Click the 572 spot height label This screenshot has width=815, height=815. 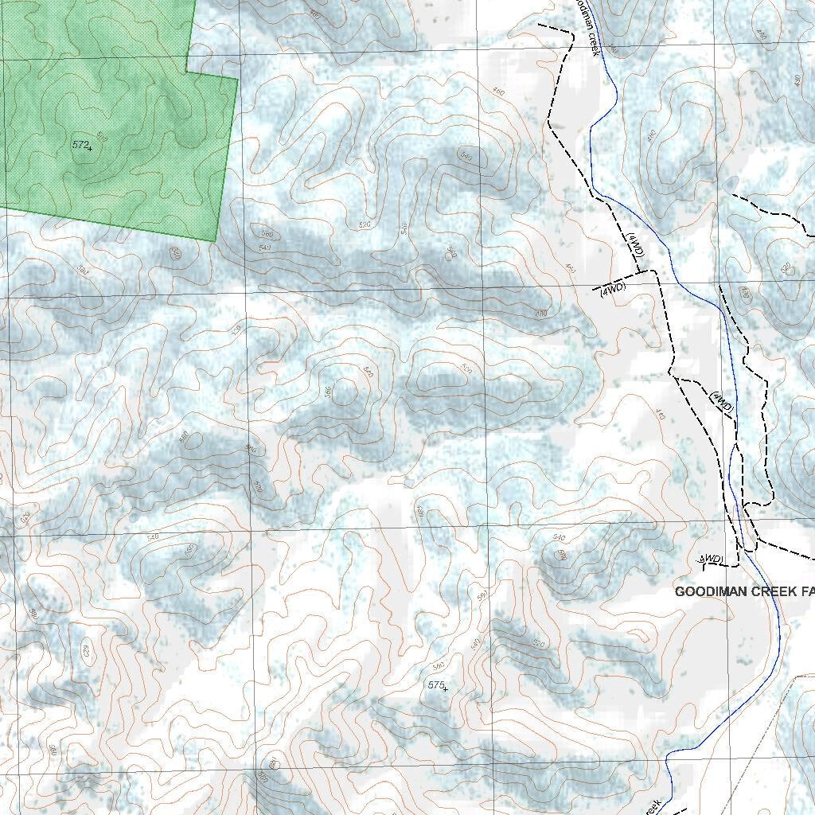coord(79,144)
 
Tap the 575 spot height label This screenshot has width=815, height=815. coord(435,684)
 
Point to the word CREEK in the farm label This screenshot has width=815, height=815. coord(777,592)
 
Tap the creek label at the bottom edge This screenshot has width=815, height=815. coord(653,806)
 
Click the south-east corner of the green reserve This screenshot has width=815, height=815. coord(215,240)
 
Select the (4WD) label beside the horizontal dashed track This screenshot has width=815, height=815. coord(613,289)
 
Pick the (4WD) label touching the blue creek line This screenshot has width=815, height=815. coord(722,401)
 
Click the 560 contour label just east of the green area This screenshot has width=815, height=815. coord(267,234)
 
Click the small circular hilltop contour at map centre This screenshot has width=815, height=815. coord(345,391)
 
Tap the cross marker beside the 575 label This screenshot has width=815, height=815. coord(445,688)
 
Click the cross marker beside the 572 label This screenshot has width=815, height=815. coord(90,148)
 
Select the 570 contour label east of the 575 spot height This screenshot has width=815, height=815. coord(482,596)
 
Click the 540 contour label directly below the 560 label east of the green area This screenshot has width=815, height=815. coord(264,248)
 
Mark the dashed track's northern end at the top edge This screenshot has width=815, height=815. coord(540,25)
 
